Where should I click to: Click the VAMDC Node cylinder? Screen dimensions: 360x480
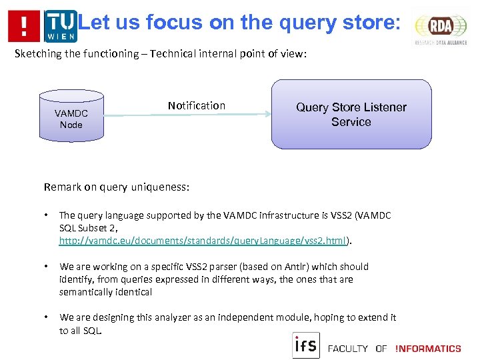coord(71,119)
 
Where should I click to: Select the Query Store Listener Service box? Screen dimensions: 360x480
coord(351,114)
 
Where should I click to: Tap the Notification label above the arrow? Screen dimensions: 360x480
coord(196,105)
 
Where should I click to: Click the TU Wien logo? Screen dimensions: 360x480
coord(61,26)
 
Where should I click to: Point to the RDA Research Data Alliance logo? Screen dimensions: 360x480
coord(441,28)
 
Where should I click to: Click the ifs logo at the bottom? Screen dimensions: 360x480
coord(306,345)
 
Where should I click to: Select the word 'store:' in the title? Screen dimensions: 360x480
coord(369,23)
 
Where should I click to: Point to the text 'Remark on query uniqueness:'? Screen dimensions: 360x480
coord(117,187)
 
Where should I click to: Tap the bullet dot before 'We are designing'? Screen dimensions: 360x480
coord(47,318)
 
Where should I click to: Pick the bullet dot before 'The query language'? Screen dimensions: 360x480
coord(47,215)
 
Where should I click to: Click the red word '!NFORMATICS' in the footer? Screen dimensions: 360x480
coord(427,348)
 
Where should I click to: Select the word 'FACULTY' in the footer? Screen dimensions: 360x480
coord(347,348)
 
